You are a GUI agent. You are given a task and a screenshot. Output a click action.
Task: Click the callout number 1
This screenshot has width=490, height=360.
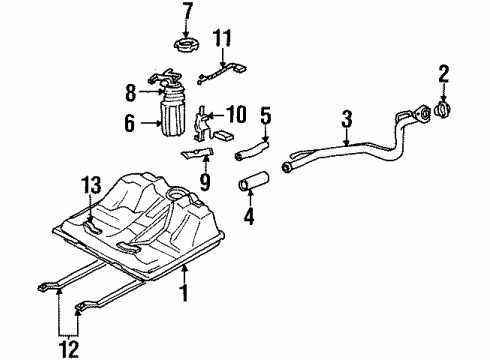pos(183,293)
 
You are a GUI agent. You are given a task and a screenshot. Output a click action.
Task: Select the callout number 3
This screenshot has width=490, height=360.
pos(346,121)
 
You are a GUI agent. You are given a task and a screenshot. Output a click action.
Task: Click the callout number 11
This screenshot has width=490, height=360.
pos(223,40)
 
